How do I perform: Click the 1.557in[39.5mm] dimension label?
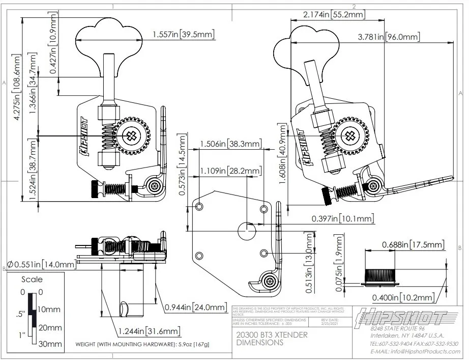tap(183, 35)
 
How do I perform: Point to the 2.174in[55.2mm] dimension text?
tap(334, 15)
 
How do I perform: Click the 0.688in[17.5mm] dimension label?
tap(413, 245)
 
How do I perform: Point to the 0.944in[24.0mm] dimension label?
tap(195, 307)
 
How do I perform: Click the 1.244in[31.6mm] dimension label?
tap(149, 331)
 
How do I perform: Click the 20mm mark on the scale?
tap(49, 327)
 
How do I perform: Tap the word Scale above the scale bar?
tap(32, 280)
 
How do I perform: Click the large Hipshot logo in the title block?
tap(402, 316)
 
